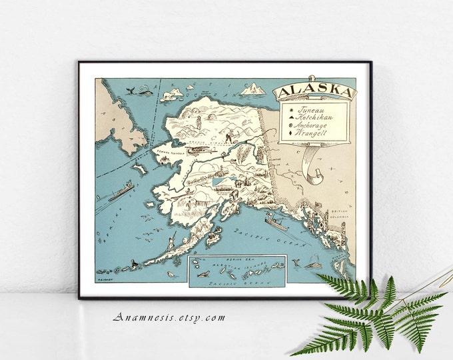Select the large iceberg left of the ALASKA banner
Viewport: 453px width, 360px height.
[x=252, y=87]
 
